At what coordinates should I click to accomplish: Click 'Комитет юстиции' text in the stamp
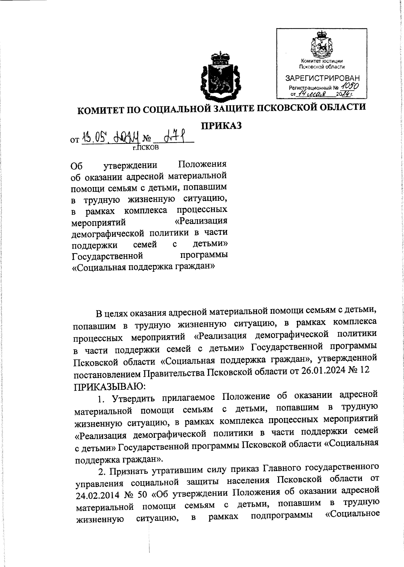pyautogui.click(x=322, y=61)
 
